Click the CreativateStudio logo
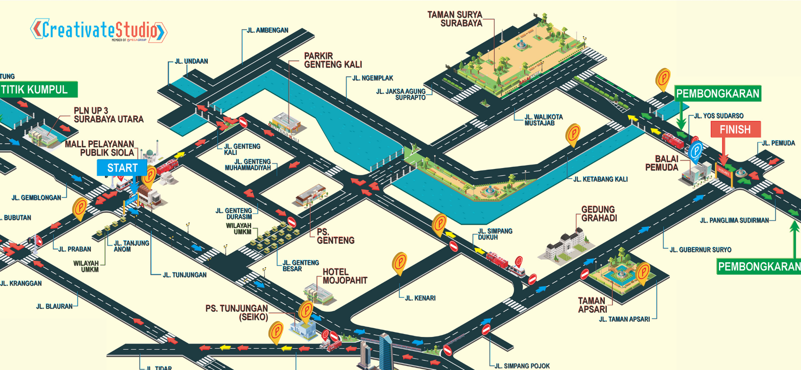(98, 31)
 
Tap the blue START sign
(122, 168)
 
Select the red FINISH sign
(735, 129)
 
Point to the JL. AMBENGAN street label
(267, 31)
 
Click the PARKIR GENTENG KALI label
(333, 60)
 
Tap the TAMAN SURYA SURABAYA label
(455, 19)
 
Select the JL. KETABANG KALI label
(600, 179)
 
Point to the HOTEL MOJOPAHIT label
(345, 276)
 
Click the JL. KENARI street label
(420, 298)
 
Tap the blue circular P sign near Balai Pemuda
(695, 150)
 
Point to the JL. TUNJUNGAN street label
(184, 275)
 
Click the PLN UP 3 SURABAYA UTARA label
(108, 115)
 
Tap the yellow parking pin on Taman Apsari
(643, 272)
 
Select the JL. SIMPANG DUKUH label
(495, 234)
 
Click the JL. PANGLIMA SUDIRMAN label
(734, 221)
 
